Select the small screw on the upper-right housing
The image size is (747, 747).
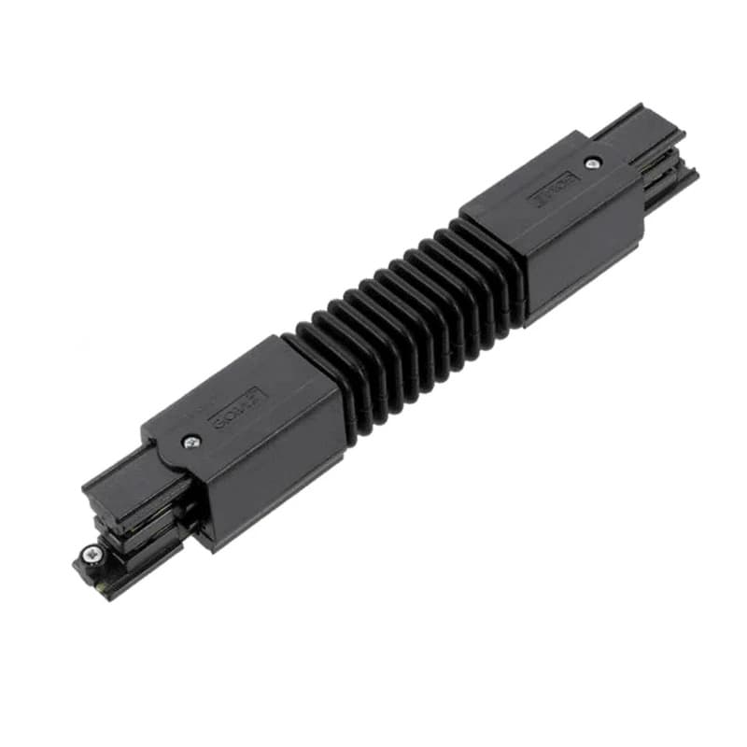591,163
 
